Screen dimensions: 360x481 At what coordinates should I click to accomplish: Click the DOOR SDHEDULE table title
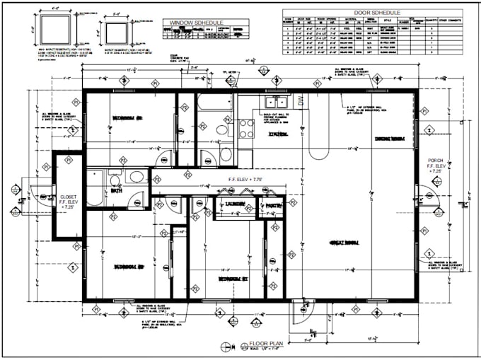371,13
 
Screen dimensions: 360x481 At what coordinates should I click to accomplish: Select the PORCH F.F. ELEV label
436,166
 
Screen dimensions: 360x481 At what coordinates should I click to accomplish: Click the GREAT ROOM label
344,243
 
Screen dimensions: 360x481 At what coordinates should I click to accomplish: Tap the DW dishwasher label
300,102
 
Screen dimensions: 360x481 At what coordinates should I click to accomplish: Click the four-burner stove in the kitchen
246,128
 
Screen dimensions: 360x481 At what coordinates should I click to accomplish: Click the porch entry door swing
429,197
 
